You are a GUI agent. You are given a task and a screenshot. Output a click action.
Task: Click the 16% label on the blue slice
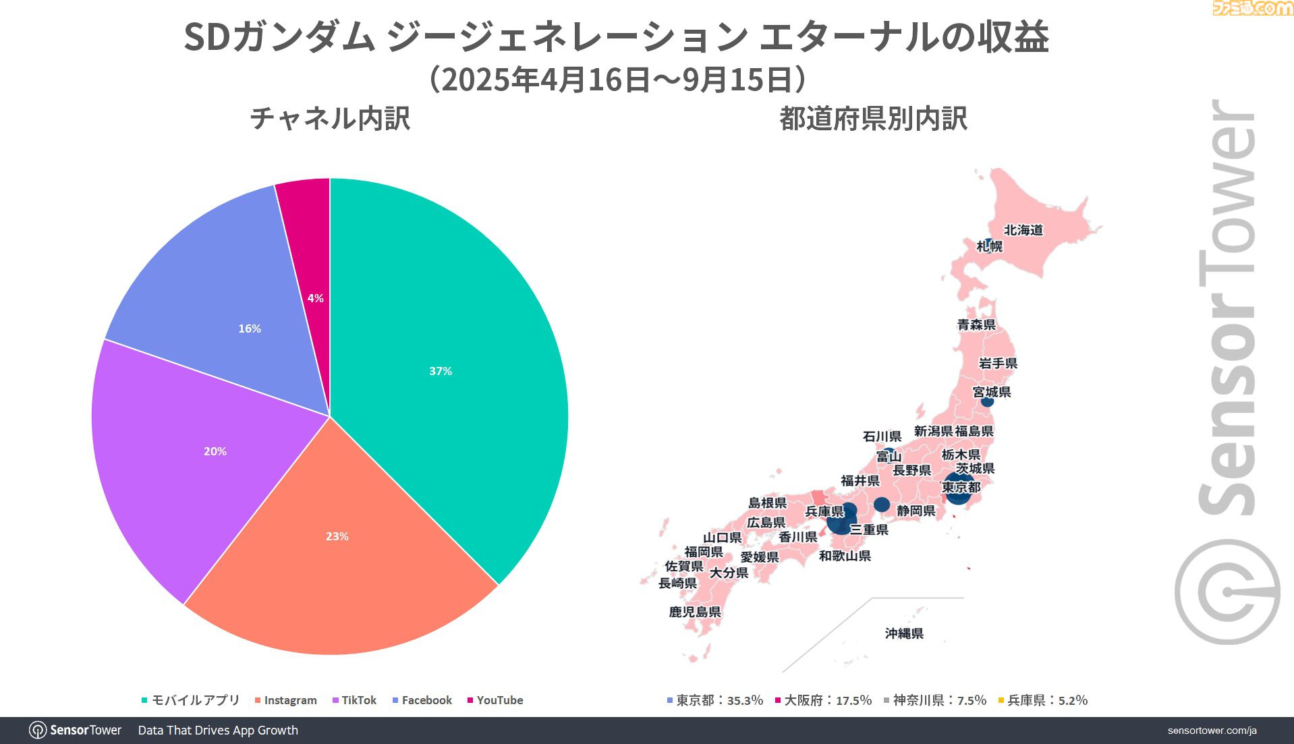[x=250, y=328]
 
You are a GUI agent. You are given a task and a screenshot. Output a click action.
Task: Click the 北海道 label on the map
[x=1023, y=230]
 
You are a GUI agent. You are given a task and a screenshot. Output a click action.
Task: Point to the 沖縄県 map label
[x=904, y=633]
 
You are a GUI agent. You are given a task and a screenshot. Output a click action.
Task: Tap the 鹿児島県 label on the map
[x=695, y=612]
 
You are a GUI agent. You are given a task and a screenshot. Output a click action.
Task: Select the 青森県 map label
[x=976, y=324]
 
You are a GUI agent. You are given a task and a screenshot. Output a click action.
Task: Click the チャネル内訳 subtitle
[x=330, y=119]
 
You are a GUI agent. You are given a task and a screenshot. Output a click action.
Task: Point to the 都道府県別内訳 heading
[x=873, y=119]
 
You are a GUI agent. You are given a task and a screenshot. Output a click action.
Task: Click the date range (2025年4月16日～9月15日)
[x=617, y=80]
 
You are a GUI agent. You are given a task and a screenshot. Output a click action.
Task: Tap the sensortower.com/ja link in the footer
[x=1212, y=731]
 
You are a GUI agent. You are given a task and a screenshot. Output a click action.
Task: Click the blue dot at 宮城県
[x=987, y=401]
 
